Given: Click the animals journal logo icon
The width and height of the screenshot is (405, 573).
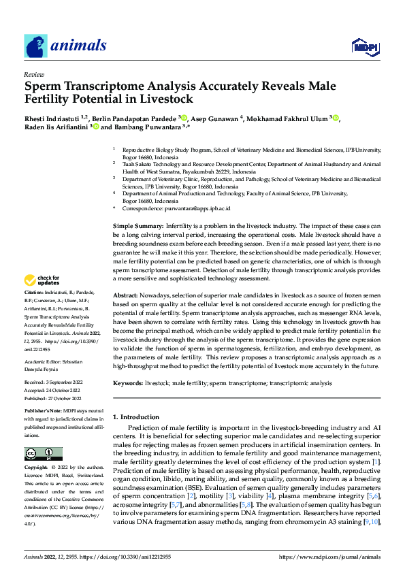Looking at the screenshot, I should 35,46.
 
